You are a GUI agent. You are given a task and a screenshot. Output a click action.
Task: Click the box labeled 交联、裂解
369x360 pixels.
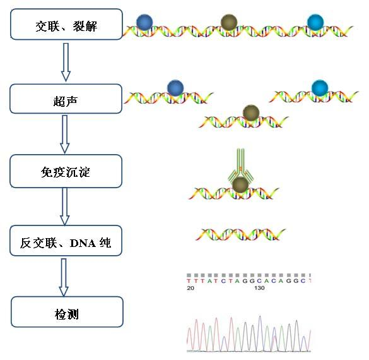67,26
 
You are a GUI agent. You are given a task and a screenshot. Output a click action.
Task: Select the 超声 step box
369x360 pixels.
67,99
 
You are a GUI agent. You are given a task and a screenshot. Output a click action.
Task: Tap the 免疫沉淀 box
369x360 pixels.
67,171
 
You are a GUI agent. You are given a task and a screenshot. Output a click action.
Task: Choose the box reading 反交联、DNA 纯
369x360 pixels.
67,241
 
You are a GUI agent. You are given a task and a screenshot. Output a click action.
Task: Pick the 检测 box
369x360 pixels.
67,312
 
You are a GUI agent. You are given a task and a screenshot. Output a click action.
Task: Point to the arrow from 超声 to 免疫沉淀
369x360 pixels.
64,135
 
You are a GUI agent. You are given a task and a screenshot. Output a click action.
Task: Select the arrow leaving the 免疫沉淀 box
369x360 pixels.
64,207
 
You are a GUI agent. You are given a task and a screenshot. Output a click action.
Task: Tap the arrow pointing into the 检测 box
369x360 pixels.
64,277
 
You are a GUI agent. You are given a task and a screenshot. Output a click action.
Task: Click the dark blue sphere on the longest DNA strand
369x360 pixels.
144,22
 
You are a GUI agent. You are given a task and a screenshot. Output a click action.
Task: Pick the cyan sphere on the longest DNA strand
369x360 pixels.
314,22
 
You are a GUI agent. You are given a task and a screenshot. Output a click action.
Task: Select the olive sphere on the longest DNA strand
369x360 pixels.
230,23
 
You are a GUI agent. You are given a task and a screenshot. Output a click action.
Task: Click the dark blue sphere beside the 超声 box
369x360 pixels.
175,88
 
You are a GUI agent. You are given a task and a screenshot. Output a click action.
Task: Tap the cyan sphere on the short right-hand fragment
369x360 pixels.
320,88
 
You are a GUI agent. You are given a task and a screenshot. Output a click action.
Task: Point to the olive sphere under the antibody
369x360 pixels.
240,185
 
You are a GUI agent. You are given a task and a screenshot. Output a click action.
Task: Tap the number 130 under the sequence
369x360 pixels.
259,287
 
